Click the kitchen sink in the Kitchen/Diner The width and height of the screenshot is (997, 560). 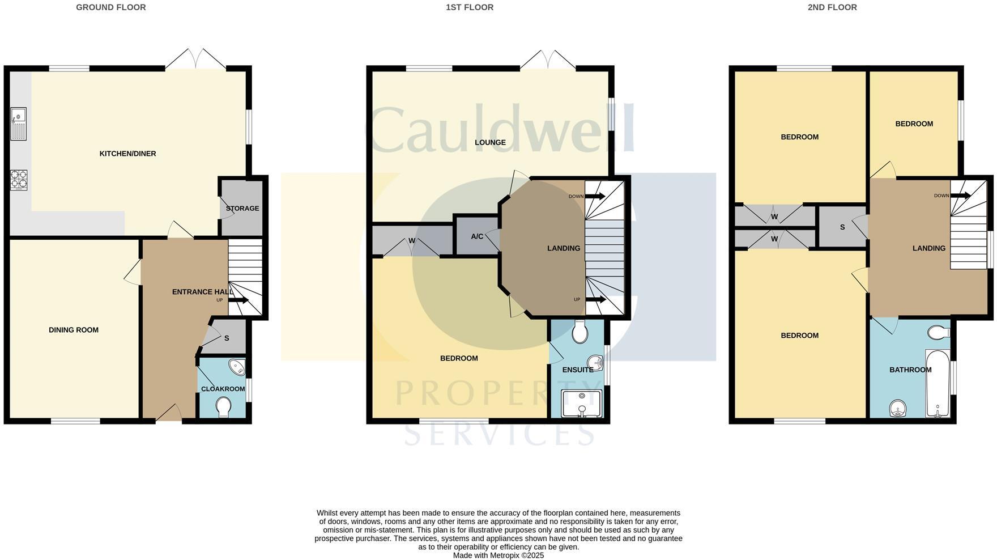[x=18, y=124]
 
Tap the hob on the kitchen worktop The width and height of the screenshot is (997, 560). [x=18, y=180]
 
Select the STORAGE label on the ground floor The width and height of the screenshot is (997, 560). [x=242, y=209]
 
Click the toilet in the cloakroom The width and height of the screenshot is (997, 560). [x=224, y=406]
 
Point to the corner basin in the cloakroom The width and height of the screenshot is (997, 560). [x=237, y=367]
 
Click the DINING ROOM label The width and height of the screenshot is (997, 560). [x=74, y=330]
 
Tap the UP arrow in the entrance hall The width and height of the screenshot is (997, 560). [x=238, y=300]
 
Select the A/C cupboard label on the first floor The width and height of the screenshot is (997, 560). [x=477, y=236]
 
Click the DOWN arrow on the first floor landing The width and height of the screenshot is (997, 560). [x=595, y=197]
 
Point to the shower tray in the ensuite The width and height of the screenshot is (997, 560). [x=581, y=403]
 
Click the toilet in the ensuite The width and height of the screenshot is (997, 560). [x=580, y=332]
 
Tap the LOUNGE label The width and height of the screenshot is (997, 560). [x=490, y=142]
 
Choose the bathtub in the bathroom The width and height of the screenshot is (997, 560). [x=938, y=384]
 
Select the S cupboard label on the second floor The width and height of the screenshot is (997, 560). [x=842, y=227]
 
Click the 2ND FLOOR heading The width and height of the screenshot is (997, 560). [x=832, y=7]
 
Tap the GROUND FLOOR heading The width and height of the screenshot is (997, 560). [x=111, y=7]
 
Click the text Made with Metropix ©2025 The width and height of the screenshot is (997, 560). [x=498, y=555]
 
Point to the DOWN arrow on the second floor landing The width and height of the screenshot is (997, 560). [x=961, y=196]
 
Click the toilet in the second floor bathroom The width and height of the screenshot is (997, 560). [x=939, y=332]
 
